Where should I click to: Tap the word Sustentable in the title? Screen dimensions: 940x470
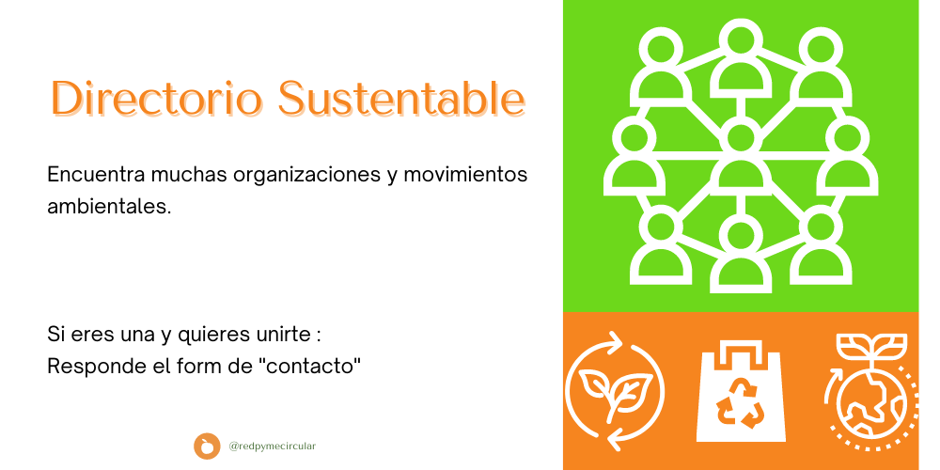(401, 98)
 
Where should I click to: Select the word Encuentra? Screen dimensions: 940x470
(96, 175)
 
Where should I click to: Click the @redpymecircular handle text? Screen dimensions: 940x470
(273, 446)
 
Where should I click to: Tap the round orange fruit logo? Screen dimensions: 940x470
(207, 446)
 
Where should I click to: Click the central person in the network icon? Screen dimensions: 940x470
(741, 159)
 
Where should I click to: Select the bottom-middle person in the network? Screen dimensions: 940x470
(741, 254)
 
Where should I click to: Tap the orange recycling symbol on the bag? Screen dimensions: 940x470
(741, 406)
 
